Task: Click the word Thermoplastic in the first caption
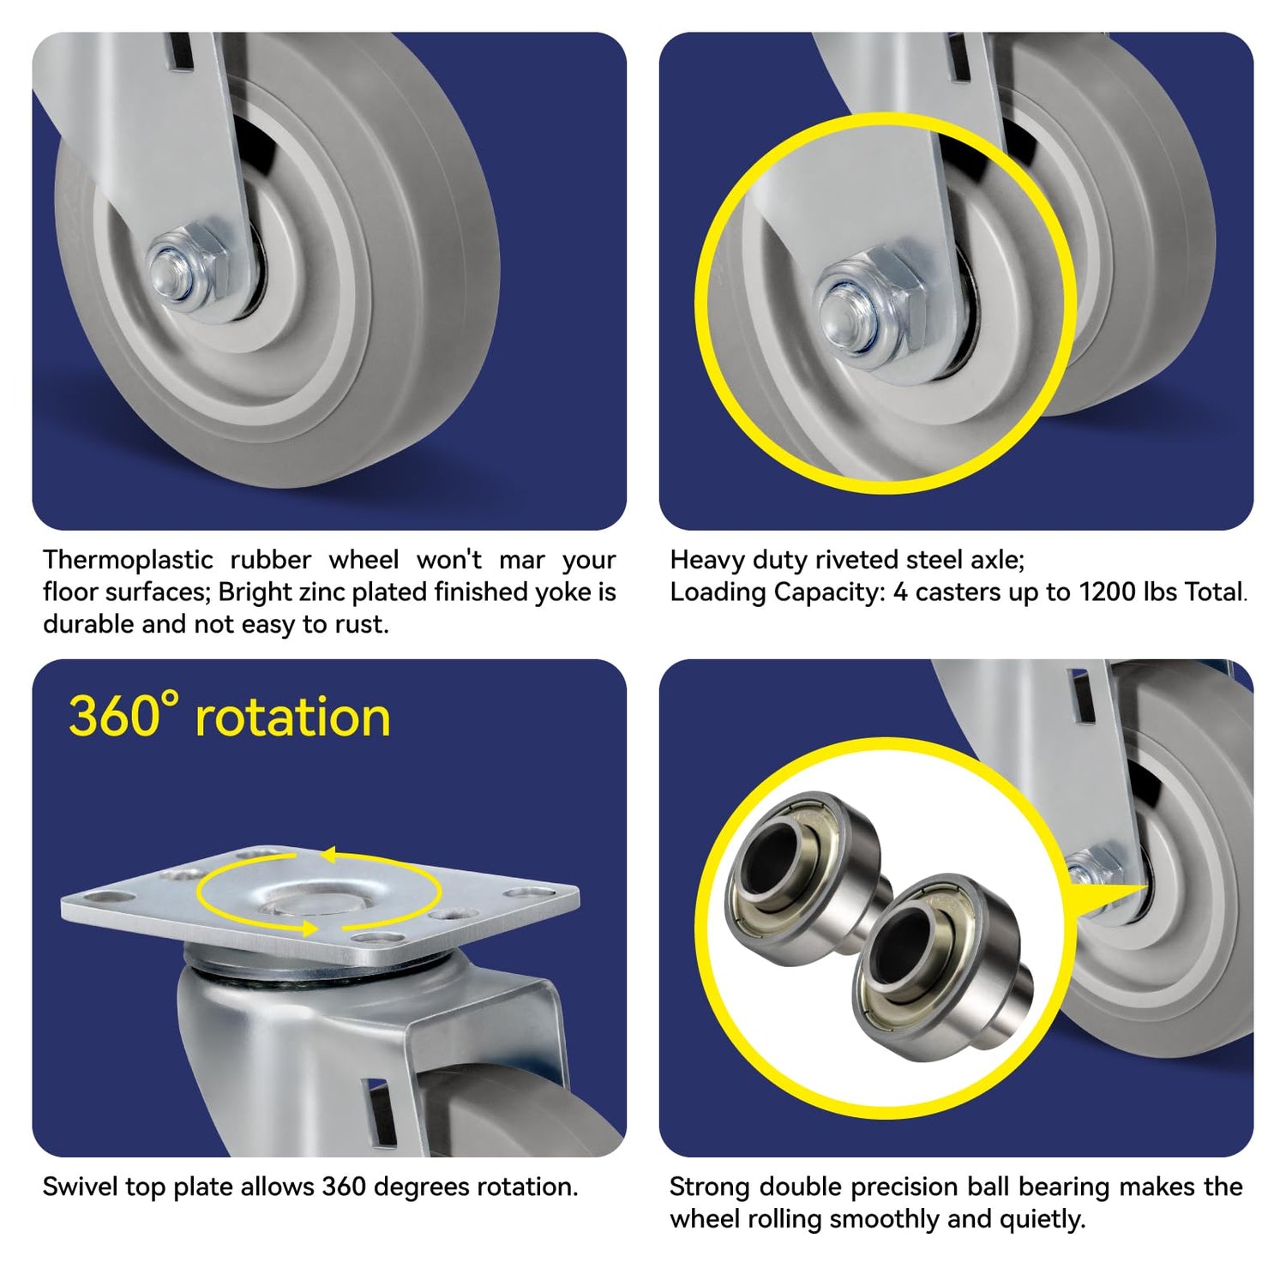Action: point(129,560)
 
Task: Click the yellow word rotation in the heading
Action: point(293,718)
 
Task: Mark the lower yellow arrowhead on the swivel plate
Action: point(306,927)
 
